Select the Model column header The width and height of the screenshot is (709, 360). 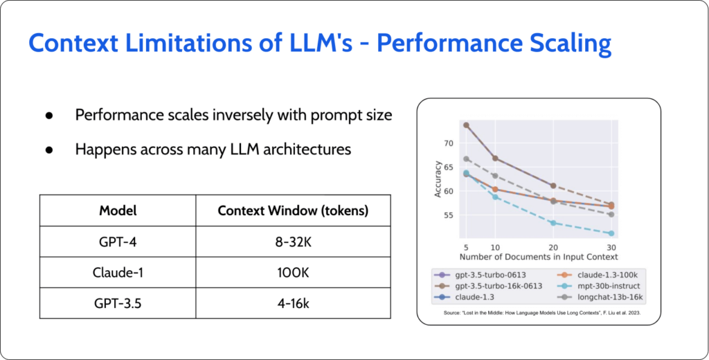tap(118, 210)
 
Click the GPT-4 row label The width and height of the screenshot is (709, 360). tap(118, 242)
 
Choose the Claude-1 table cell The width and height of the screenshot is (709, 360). tap(118, 272)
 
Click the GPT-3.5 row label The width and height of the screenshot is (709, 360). tap(118, 303)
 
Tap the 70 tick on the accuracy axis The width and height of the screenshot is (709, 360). tap(449, 143)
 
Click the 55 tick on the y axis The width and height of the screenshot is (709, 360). tap(449, 215)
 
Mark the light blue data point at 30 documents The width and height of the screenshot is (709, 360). tap(611, 233)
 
